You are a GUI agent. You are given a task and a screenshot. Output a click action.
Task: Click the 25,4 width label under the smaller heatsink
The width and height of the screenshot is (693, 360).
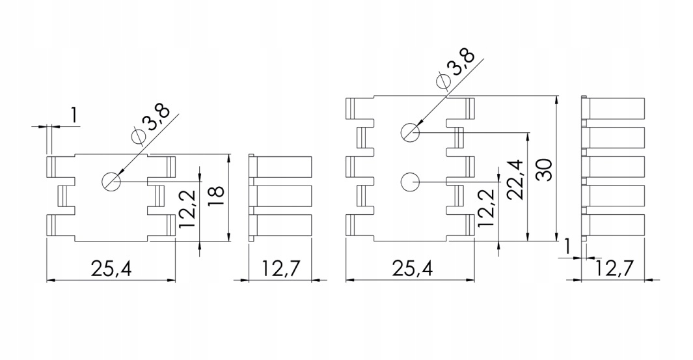coord(111,268)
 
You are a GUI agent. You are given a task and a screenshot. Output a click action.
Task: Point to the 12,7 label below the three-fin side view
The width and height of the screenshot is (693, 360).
coord(280,268)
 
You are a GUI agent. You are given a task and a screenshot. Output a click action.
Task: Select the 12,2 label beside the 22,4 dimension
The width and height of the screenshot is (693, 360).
coord(485,207)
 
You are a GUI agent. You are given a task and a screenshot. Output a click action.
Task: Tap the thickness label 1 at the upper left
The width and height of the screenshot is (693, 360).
coord(74,116)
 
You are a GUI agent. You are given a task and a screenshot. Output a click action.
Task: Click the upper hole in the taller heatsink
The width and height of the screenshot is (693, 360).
coord(410,132)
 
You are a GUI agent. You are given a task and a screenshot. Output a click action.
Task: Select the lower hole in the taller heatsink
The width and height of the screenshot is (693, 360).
coord(410,182)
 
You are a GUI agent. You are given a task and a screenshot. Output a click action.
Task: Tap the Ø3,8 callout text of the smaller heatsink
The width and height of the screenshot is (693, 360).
coord(150,123)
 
